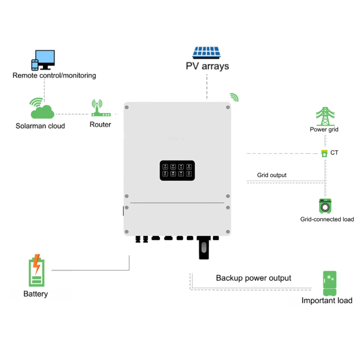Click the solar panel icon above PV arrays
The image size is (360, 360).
tap(206, 53)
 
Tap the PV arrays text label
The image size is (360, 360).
tap(207, 66)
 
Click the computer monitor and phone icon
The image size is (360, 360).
tap(43, 60)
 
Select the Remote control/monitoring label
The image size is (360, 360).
tap(54, 76)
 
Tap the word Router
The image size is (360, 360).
tap(100, 124)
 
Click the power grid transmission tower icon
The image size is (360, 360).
tap(325, 116)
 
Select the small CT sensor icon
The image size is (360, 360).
tap(324, 154)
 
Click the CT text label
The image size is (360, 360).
tap(334, 153)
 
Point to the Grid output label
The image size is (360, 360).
tap(272, 175)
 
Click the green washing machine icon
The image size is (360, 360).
tap(325, 206)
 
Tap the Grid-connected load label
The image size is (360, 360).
tap(327, 219)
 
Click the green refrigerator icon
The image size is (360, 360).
tap(330, 283)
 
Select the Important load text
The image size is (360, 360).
tap(327, 301)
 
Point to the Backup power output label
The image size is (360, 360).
tap(253, 278)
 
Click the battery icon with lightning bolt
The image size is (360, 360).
tap(37, 271)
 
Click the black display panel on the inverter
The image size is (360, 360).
tap(177, 170)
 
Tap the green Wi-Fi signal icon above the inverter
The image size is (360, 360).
tap(234, 97)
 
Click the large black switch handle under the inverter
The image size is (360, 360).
tap(204, 248)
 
